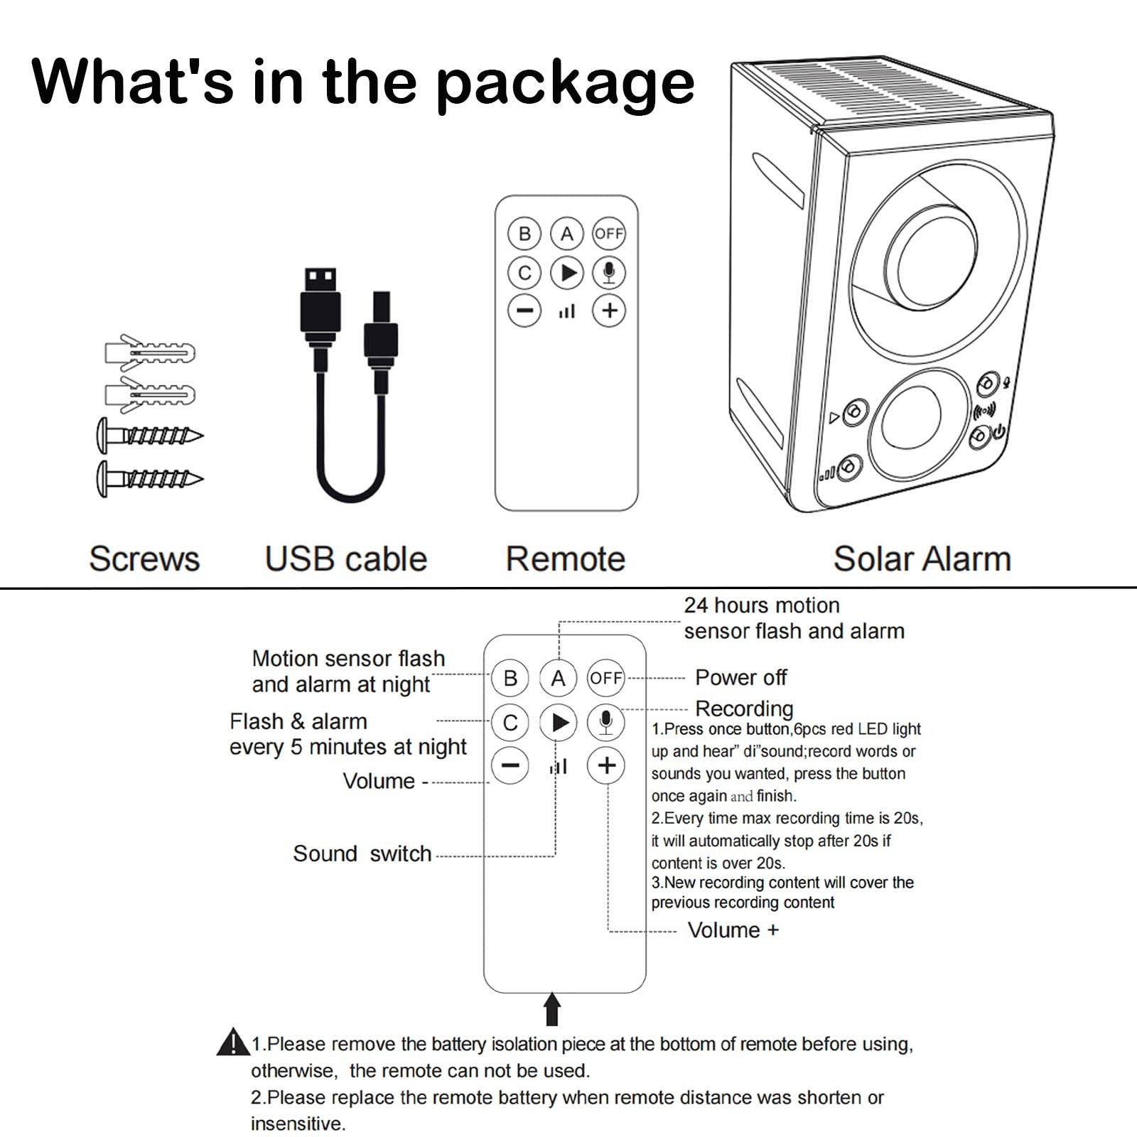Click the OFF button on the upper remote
click(609, 233)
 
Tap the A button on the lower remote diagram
click(558, 678)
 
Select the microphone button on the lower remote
click(605, 723)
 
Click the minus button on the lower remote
click(510, 766)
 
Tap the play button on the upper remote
click(567, 273)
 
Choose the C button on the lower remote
click(510, 723)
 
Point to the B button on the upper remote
click(524, 233)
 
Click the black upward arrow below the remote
click(552, 1009)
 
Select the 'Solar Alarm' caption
click(922, 559)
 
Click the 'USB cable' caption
click(345, 559)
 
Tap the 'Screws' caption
click(144, 559)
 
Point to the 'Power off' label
click(740, 677)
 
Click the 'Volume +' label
click(733, 929)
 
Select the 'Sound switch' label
click(362, 853)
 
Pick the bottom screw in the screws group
click(149, 478)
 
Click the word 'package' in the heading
click(565, 84)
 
